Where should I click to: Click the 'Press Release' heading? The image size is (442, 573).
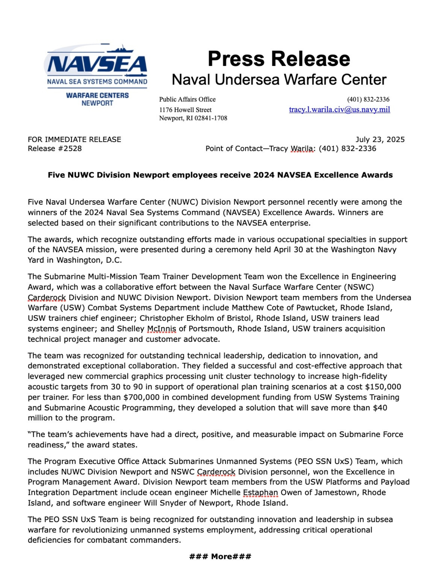[x=279, y=59]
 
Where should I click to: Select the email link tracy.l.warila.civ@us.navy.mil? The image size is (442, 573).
[x=339, y=109]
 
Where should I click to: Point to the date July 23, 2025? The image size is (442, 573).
[x=380, y=140]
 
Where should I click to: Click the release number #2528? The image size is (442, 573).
[x=70, y=148]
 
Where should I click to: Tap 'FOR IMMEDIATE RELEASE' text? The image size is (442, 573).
[x=74, y=140]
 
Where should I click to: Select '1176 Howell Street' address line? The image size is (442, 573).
[x=185, y=110]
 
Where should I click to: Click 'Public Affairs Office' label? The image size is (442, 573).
[x=187, y=99]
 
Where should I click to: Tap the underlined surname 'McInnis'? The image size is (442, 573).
[x=162, y=329]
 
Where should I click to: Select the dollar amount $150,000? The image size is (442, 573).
[x=383, y=387]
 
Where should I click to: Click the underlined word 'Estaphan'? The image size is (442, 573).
[x=260, y=492]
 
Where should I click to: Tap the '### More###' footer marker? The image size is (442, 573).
[x=220, y=556]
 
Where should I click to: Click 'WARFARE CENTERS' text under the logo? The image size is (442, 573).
[x=97, y=95]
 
